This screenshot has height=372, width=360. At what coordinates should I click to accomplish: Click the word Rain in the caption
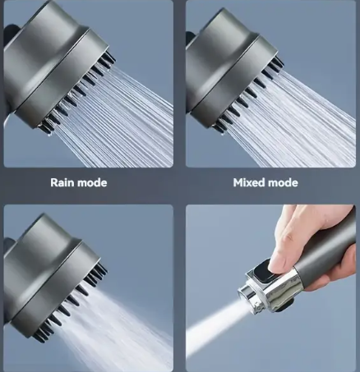point(62,182)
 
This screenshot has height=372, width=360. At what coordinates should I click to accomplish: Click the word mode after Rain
point(92,182)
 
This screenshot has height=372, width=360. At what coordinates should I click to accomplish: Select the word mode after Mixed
point(283,182)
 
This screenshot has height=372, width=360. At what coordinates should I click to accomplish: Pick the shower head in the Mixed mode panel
point(232,68)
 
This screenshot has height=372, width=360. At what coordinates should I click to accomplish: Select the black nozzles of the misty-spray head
point(72,301)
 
